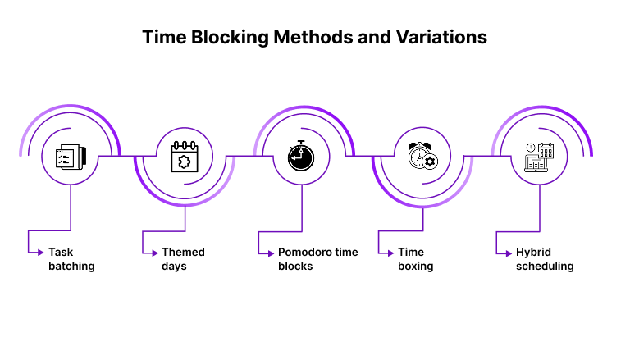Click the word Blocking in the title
(230, 38)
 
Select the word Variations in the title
(441, 38)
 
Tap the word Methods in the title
(313, 38)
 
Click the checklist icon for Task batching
(71, 157)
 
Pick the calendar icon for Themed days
(185, 157)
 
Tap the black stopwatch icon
(301, 156)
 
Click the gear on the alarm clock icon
(430, 162)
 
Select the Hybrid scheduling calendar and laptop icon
(539, 157)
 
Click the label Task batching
(71, 259)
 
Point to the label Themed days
(183, 259)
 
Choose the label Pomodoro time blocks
(317, 259)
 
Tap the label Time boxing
(415, 259)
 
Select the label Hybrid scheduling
(545, 259)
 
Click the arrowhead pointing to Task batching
(40, 253)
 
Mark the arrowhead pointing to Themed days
(155, 253)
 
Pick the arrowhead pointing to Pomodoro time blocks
(271, 253)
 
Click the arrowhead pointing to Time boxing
(391, 253)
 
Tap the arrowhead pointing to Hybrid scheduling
(509, 253)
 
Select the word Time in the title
(164, 38)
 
